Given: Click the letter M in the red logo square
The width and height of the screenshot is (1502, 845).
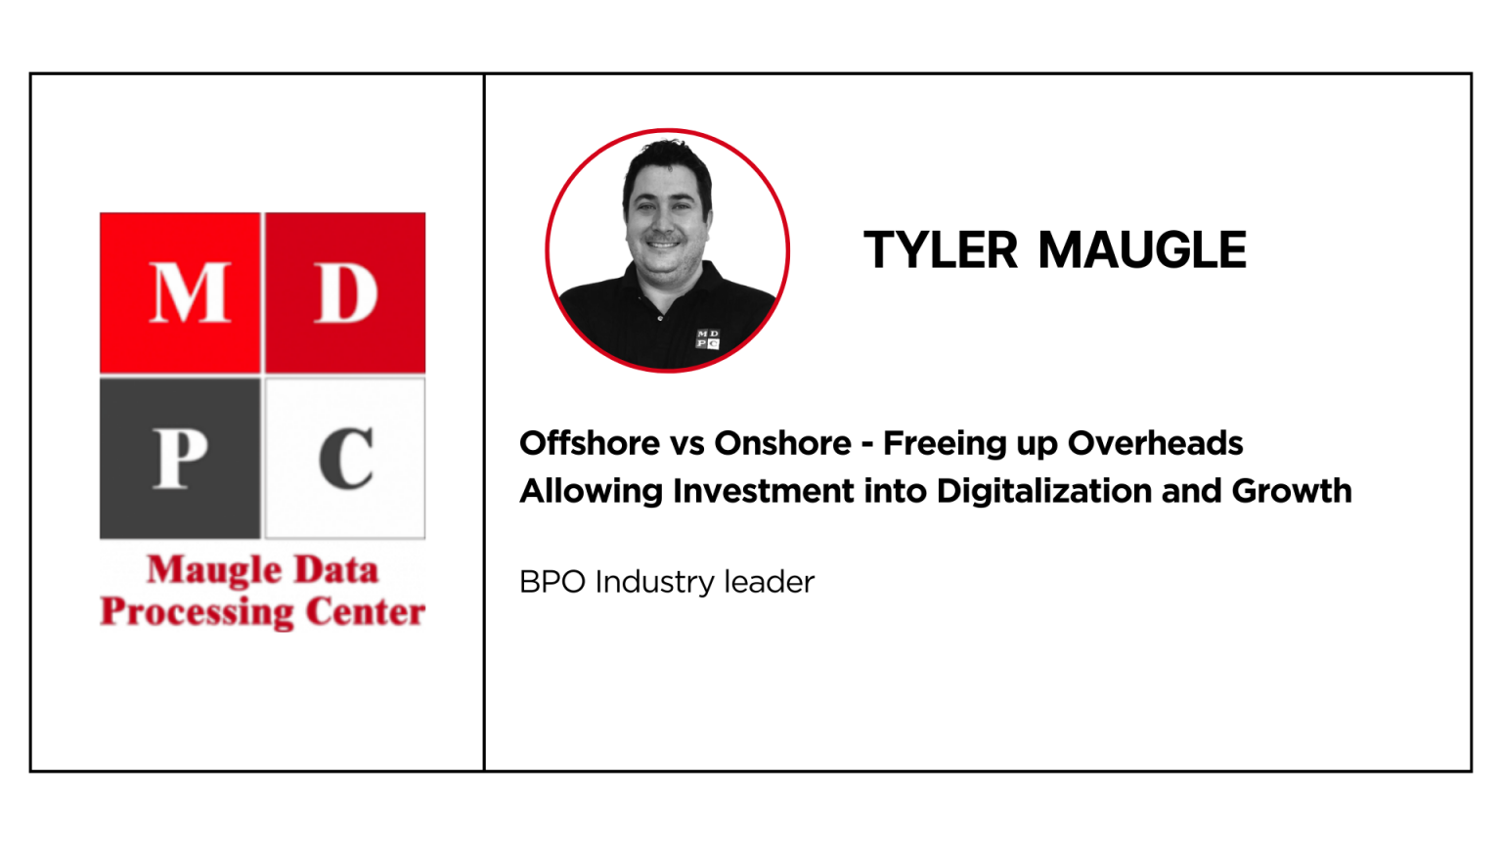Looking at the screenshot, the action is (x=190, y=293).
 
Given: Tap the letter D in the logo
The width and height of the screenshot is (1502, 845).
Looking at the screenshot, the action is (x=346, y=293).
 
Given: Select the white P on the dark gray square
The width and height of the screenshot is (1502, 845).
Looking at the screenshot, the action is (x=180, y=458).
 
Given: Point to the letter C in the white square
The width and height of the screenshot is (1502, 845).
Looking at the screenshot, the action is (x=346, y=458).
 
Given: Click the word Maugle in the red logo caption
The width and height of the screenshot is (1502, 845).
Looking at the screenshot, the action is (x=214, y=571).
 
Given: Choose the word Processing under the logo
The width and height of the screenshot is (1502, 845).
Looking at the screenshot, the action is (x=198, y=613).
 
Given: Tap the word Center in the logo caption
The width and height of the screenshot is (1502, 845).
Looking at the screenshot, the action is (x=366, y=611).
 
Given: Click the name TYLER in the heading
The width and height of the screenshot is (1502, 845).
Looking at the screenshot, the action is (x=940, y=250).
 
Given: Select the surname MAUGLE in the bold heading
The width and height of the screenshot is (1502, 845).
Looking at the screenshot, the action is (x=1142, y=250).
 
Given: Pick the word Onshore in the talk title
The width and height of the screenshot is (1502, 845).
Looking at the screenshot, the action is (x=782, y=443).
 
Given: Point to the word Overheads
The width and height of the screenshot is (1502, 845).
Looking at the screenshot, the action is (x=1155, y=443).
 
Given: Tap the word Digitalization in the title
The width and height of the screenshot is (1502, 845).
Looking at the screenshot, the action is (x=1044, y=491).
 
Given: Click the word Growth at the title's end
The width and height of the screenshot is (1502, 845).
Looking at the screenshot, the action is (x=1292, y=491).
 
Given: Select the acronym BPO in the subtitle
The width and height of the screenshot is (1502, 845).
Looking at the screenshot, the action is (x=552, y=582).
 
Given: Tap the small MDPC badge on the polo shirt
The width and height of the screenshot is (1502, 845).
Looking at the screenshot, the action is (x=708, y=339).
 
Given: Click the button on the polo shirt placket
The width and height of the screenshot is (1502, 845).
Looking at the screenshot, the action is (x=660, y=318).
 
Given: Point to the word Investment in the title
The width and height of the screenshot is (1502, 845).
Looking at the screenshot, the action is (x=764, y=491).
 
